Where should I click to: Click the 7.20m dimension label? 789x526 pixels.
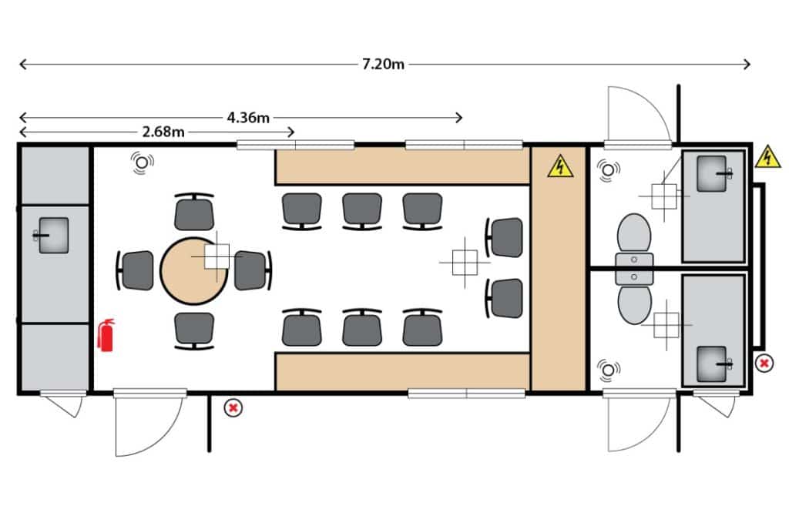pos(383,65)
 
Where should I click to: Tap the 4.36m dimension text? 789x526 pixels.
pos(248,118)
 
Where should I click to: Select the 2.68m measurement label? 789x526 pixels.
pos(163,132)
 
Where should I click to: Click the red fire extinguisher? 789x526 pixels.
pos(106,335)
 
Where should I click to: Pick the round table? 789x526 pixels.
pos(193,271)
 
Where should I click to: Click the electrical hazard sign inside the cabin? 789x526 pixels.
pos(560,166)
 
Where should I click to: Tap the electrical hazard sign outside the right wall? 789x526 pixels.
pos(767,157)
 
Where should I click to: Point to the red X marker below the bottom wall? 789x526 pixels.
pos(233,408)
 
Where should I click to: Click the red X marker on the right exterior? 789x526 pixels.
pos(764,363)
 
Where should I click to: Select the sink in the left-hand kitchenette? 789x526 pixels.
pos(53,236)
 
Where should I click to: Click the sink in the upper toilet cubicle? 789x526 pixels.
pos(713,173)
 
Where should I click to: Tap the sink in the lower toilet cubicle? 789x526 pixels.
pos(713,364)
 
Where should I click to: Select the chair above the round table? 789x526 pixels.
pos(194,211)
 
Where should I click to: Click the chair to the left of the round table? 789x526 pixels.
pos(136,270)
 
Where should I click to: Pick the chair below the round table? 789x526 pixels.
pos(194,330)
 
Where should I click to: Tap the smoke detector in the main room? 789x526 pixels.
pos(143,162)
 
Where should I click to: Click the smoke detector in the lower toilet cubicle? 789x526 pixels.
pos(609,370)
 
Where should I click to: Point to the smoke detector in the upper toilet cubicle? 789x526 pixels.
pos(609,170)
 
